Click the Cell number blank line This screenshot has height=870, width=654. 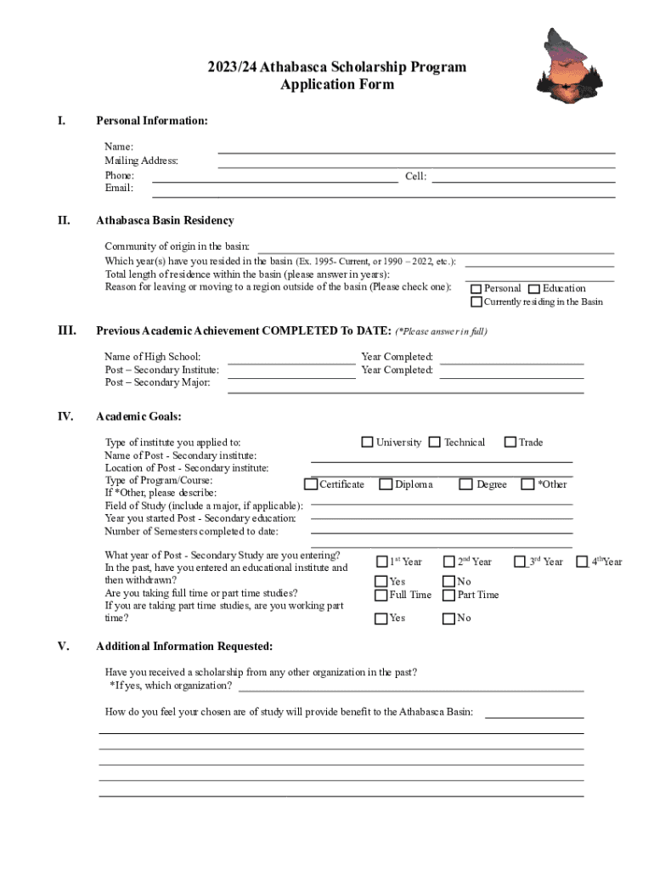523,178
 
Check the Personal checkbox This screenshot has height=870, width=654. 476,289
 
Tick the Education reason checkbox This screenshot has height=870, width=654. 534,289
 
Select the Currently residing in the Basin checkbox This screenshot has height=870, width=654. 476,302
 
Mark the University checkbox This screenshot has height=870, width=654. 367,442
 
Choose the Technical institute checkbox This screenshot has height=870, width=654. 435,442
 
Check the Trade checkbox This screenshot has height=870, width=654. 510,442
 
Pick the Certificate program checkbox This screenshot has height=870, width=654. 311,484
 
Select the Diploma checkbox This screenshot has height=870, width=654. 386,484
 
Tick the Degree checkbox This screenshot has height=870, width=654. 466,484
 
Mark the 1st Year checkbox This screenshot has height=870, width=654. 381,562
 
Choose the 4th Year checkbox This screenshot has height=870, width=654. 583,561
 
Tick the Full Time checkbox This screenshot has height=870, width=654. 381,595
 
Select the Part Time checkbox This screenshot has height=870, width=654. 449,595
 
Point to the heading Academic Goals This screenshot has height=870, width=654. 138,416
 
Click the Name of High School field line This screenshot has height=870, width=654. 291,361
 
